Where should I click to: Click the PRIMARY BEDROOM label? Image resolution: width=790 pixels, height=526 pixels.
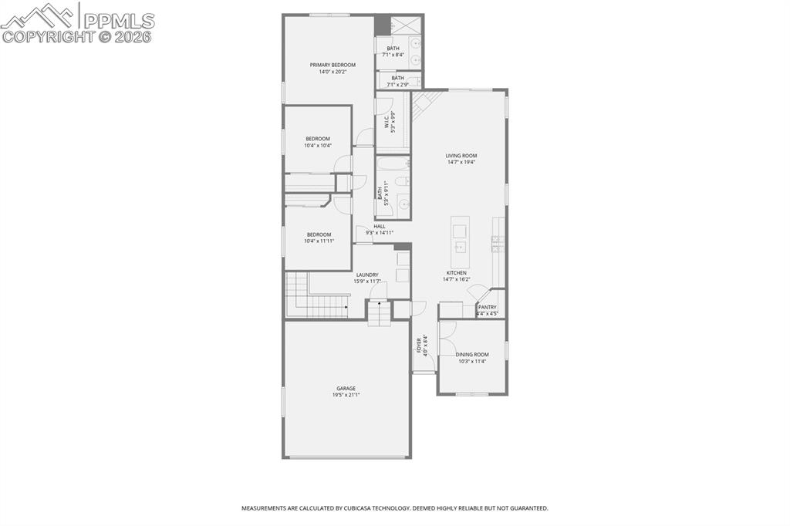333,65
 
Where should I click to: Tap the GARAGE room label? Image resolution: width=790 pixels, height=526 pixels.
346,389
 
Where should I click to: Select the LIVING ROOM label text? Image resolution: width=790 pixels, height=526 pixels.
461,156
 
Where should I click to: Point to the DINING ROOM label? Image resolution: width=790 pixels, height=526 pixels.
472,355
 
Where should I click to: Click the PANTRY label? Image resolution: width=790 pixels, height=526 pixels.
488,307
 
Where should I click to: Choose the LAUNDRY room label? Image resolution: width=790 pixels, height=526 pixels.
366,275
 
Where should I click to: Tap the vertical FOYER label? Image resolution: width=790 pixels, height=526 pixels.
420,346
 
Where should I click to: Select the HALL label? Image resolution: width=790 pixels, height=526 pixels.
380,226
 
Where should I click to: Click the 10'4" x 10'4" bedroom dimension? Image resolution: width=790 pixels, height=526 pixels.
317,146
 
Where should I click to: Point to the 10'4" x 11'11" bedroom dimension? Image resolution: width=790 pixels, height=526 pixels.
319,241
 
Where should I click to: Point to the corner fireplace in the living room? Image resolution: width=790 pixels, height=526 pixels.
422,102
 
